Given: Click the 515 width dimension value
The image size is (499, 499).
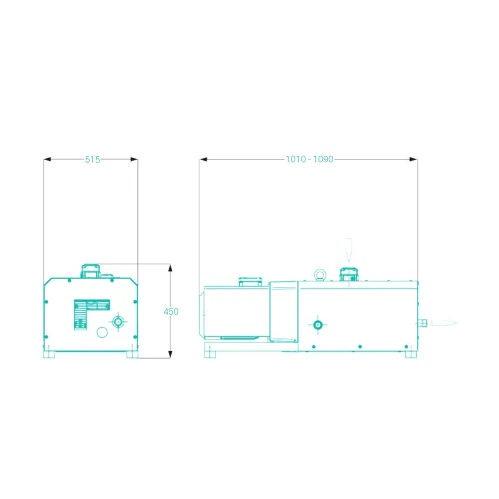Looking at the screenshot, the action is pyautogui.click(x=92, y=160).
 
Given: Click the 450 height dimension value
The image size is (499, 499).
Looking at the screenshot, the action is pyautogui.click(x=171, y=312).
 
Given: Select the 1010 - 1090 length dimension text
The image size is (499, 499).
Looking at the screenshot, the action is pyautogui.click(x=310, y=159).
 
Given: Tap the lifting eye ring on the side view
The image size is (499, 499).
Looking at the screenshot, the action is pyautogui.click(x=320, y=275).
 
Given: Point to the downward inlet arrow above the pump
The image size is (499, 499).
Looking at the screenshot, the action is pyautogui.click(x=348, y=250).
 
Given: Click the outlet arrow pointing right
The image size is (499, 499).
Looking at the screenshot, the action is pyautogui.click(x=444, y=323).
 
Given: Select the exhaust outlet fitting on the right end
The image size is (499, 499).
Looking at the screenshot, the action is pyautogui.click(x=422, y=323).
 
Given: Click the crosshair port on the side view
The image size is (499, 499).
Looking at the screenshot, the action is pyautogui.click(x=318, y=325).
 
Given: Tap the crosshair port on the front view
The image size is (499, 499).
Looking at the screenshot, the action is pyautogui.click(x=118, y=322).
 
